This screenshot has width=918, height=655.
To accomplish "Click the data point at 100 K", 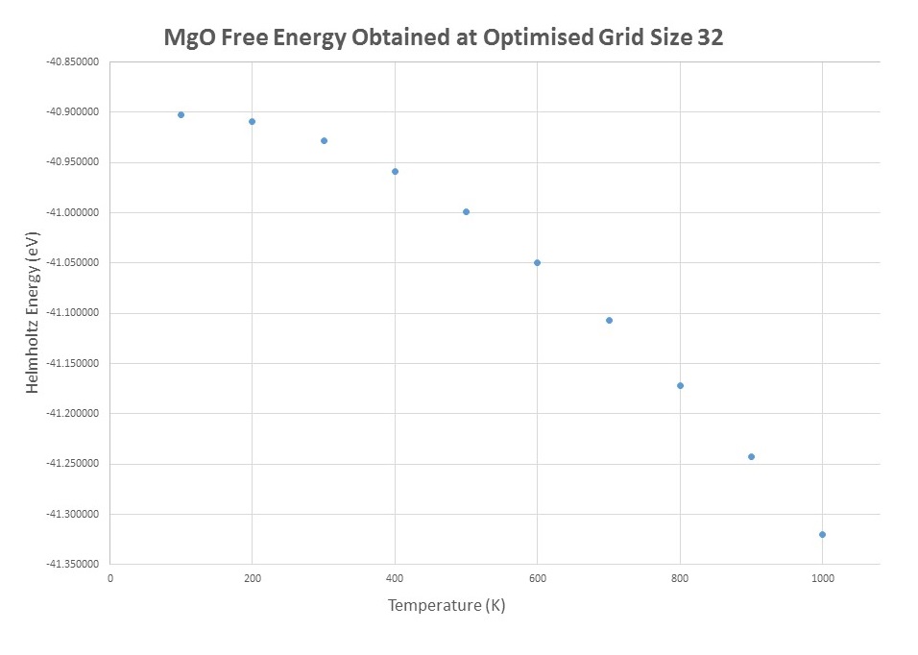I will point(181,114).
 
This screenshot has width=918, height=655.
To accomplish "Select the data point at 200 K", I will point(252,121).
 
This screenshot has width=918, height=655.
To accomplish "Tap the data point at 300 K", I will point(324,140).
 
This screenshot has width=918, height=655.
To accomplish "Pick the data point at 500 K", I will point(466,211).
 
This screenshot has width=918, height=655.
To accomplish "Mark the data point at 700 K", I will point(609,320).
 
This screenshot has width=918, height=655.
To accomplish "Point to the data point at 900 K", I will point(751,456).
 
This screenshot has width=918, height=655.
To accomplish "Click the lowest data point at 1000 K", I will point(822,534).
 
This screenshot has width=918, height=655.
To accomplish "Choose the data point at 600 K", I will point(537,262).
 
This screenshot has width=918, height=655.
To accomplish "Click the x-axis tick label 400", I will point(395,578).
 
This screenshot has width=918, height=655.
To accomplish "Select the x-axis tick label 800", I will point(680,578).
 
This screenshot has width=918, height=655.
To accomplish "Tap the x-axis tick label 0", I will point(110,578).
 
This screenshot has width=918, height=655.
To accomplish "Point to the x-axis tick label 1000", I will point(822,578).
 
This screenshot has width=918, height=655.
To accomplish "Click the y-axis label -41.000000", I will point(74,212).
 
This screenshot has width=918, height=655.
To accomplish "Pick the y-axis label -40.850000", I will point(74,61).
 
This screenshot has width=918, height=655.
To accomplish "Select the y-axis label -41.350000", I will point(74,565).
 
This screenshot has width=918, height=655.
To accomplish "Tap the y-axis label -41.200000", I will point(74,414).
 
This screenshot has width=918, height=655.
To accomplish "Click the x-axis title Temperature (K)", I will point(447,606).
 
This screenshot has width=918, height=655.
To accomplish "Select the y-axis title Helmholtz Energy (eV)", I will point(35,313).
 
